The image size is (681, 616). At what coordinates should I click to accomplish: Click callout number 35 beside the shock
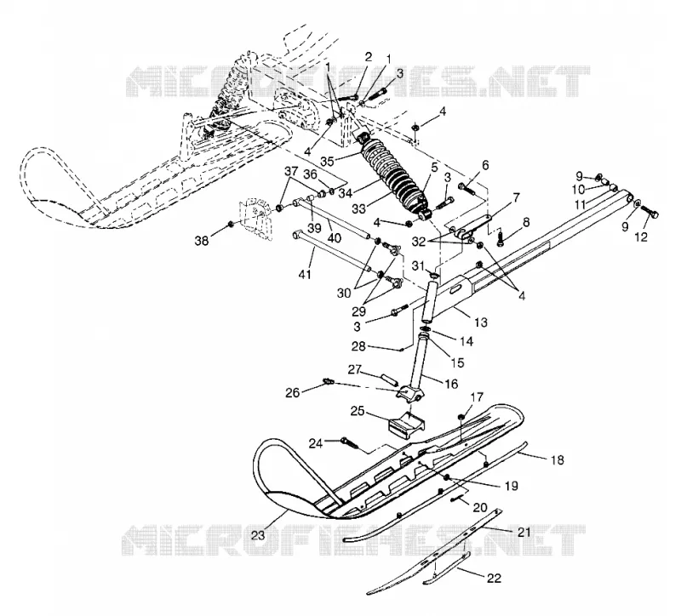[329, 161]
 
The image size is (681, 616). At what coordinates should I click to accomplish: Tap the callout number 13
[481, 322]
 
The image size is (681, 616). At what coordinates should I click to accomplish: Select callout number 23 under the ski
[258, 535]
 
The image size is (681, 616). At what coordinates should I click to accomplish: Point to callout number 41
[306, 274]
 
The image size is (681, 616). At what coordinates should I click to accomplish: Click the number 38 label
[202, 240]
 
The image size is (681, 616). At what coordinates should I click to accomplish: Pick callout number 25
[358, 411]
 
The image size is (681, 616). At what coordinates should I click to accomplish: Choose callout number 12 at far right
[641, 237]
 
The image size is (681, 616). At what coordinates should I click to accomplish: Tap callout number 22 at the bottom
[494, 578]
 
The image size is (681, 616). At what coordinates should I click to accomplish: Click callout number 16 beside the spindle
[451, 384]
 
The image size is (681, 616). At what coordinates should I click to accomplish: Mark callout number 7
[516, 198]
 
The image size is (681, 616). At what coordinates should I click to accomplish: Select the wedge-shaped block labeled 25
[407, 423]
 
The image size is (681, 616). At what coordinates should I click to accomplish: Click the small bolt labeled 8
[500, 237]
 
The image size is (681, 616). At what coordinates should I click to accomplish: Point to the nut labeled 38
[230, 224]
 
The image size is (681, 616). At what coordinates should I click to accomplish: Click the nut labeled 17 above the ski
[461, 417]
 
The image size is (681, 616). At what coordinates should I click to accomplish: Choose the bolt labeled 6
[466, 189]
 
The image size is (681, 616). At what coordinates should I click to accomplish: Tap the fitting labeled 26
[329, 381]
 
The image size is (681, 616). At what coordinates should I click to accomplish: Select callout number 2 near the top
[369, 57]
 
